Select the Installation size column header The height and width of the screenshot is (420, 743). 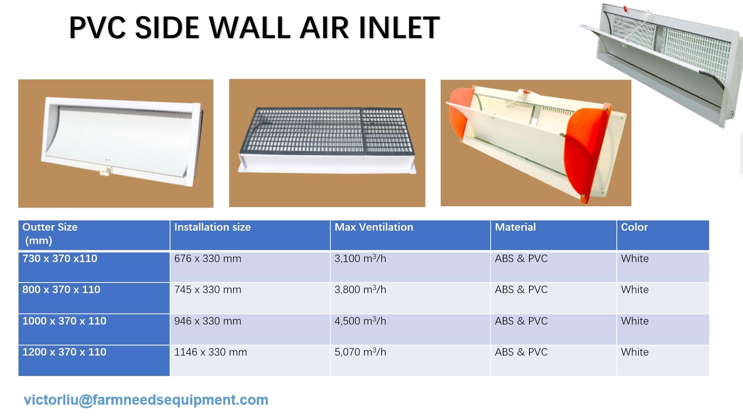[x=212, y=227]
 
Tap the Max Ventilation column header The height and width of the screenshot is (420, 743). [x=373, y=227]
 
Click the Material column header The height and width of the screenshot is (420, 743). [x=515, y=227]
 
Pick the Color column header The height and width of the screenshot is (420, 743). [x=634, y=227]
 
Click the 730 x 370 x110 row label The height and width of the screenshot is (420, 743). [x=60, y=259]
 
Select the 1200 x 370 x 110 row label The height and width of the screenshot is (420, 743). [x=64, y=352]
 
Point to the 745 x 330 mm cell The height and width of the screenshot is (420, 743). [x=208, y=290]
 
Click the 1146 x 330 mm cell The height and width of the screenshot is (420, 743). [x=210, y=352]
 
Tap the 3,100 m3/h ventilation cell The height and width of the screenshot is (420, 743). [x=360, y=259]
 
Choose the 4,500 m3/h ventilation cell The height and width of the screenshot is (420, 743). [x=360, y=321]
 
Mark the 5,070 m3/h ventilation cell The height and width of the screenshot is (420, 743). [x=360, y=352]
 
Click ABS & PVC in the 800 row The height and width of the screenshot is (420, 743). [x=521, y=290]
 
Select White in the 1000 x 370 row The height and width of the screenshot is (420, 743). [x=634, y=321]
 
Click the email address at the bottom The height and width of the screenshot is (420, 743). [x=146, y=400]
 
